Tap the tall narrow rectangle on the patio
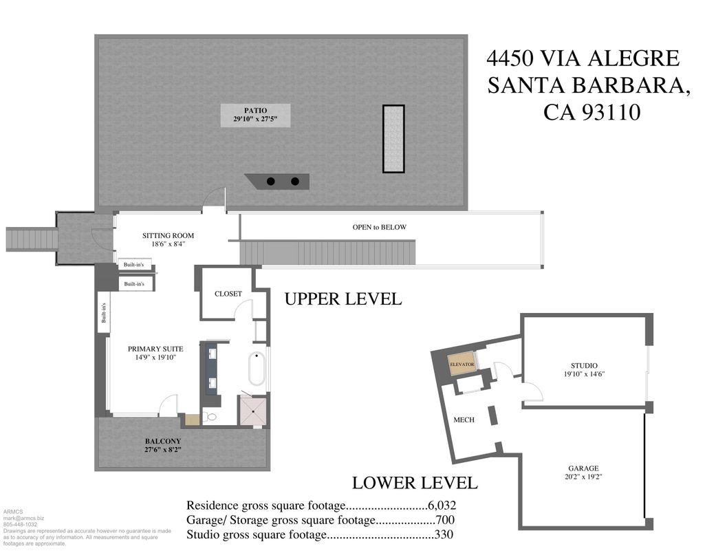click(x=393, y=138)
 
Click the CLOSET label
click(x=228, y=294)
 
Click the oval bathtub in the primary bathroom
click(x=256, y=369)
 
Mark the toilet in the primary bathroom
click(x=211, y=417)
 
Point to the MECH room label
click(x=464, y=420)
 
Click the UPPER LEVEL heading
click(x=343, y=299)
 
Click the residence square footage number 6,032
click(x=440, y=505)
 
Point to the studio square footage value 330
click(x=443, y=534)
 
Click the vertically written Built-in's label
click(x=104, y=313)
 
